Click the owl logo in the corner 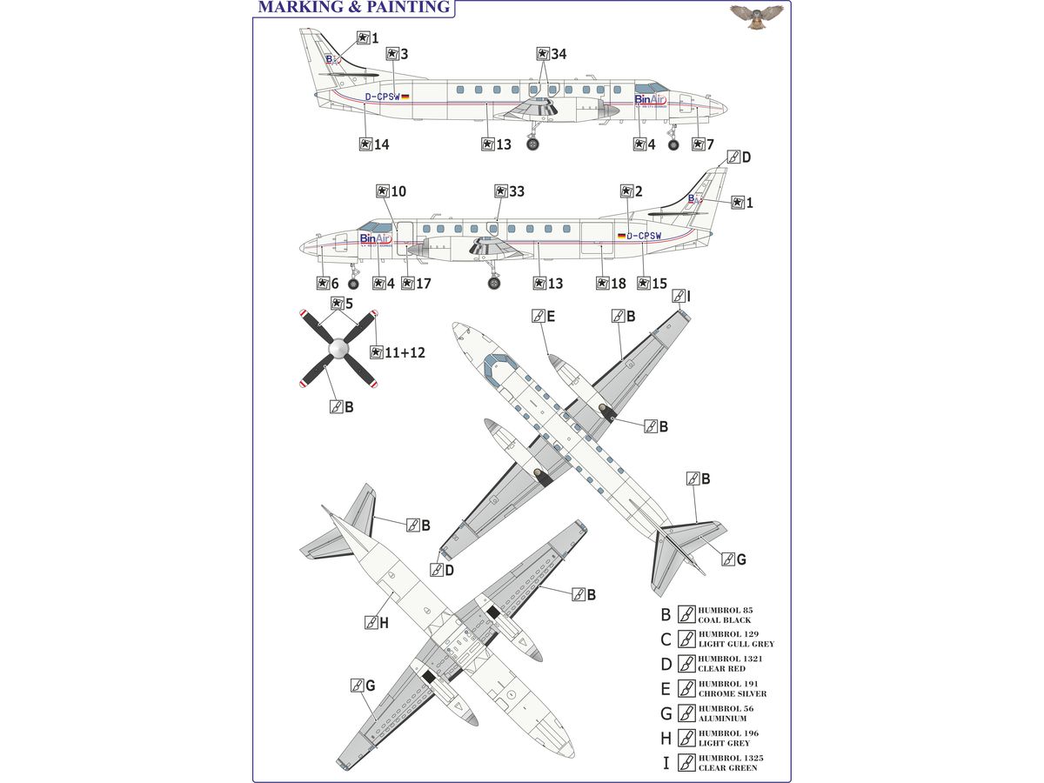(756, 15)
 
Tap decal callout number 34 (552, 54)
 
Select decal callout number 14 (375, 144)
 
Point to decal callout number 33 (510, 191)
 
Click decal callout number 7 (703, 144)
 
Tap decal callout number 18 (612, 284)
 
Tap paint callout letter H (377, 623)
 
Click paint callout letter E (544, 316)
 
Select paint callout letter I (683, 297)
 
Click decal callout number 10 (391, 191)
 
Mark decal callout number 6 (328, 284)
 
